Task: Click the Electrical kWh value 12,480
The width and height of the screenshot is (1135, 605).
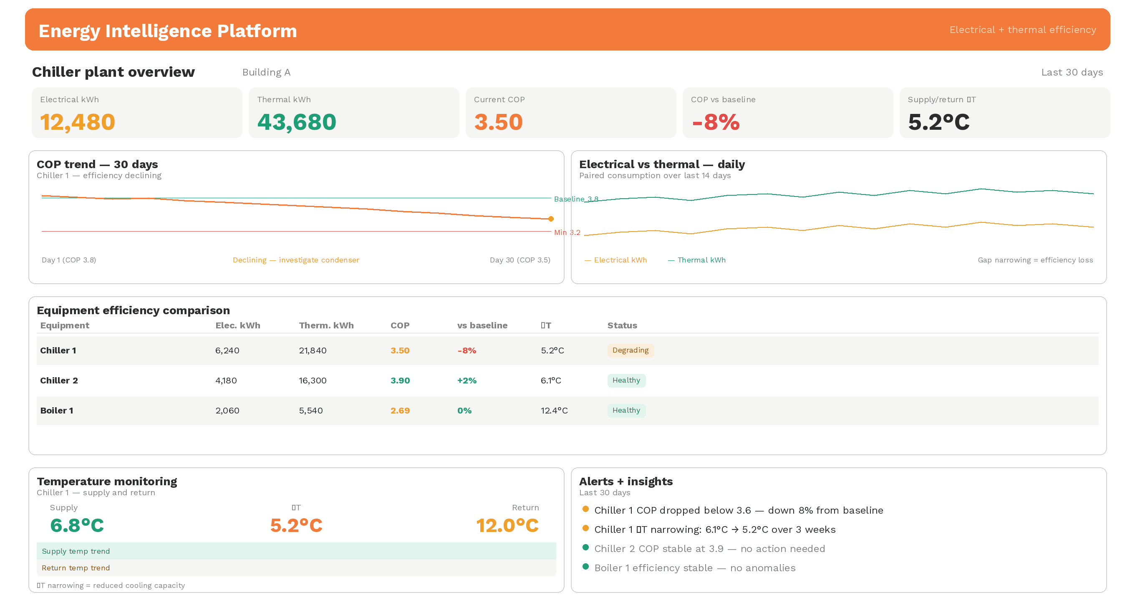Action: pos(78,122)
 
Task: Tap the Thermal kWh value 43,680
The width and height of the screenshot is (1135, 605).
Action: pos(297,122)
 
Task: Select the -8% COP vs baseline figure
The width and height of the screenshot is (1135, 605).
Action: pos(716,122)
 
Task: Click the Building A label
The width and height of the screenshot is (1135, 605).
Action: pos(266,72)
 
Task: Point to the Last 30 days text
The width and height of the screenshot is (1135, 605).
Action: pos(1072,72)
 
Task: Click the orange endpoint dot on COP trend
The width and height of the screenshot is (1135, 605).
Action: pos(551,219)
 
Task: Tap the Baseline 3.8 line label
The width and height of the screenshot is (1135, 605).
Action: pos(575,199)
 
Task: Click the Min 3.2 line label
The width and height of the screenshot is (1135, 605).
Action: pos(567,232)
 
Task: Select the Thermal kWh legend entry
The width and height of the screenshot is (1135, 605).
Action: pos(701,260)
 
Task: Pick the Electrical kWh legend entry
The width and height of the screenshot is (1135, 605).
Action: pos(620,260)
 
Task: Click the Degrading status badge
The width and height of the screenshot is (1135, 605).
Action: pos(630,350)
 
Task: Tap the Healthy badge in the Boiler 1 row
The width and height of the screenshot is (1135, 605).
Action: pos(626,410)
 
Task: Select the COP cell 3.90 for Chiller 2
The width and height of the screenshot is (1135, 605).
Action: pos(400,380)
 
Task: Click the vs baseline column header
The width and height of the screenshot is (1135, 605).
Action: pos(482,325)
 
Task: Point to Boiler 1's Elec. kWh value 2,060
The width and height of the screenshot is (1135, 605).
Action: pos(227,410)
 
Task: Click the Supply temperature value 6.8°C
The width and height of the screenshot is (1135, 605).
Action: pos(77,525)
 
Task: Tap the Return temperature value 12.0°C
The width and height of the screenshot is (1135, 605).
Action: pos(507,525)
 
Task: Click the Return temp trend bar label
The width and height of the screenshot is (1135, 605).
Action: pos(76,568)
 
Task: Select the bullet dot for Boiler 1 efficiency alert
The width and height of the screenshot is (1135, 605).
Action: pos(585,567)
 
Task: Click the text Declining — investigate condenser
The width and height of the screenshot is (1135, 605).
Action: pos(296,260)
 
